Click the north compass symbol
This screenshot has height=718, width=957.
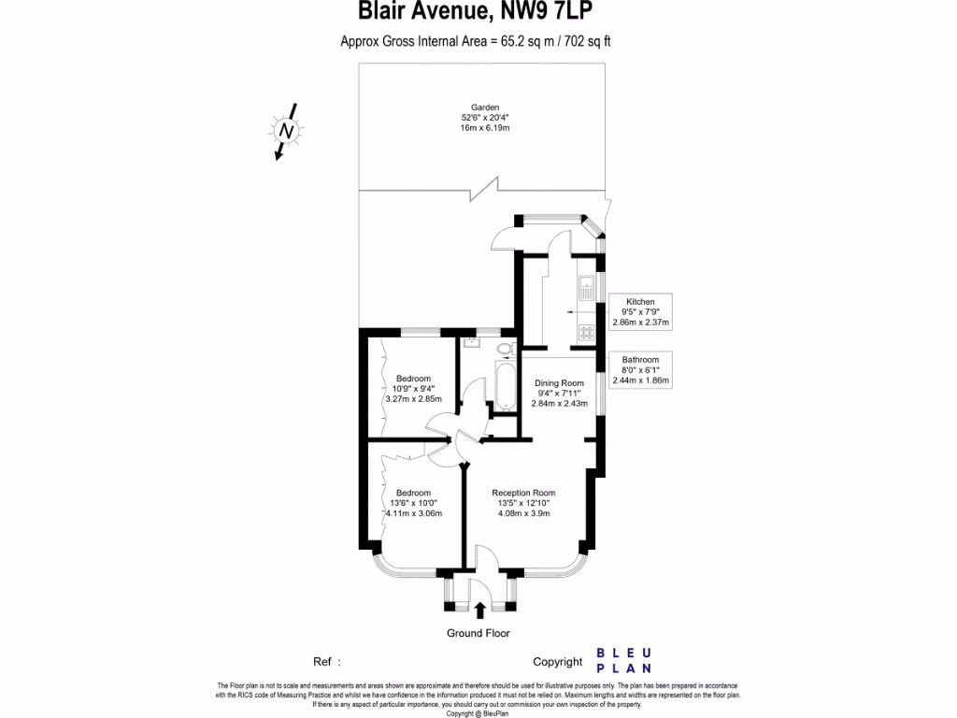click(287, 132)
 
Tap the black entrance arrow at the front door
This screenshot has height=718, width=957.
click(479, 610)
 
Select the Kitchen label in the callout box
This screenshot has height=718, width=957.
click(640, 302)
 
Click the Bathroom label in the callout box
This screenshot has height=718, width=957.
click(640, 360)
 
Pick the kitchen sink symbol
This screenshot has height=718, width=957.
click(586, 285)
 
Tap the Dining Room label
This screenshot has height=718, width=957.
click(559, 382)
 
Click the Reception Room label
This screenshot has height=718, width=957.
click(524, 493)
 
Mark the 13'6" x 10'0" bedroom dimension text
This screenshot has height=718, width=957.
click(412, 503)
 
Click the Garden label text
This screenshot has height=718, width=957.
click(485, 108)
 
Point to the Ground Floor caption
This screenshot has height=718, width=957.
click(478, 633)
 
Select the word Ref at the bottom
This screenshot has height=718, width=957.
click(322, 661)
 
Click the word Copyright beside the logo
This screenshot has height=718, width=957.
click(557, 662)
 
